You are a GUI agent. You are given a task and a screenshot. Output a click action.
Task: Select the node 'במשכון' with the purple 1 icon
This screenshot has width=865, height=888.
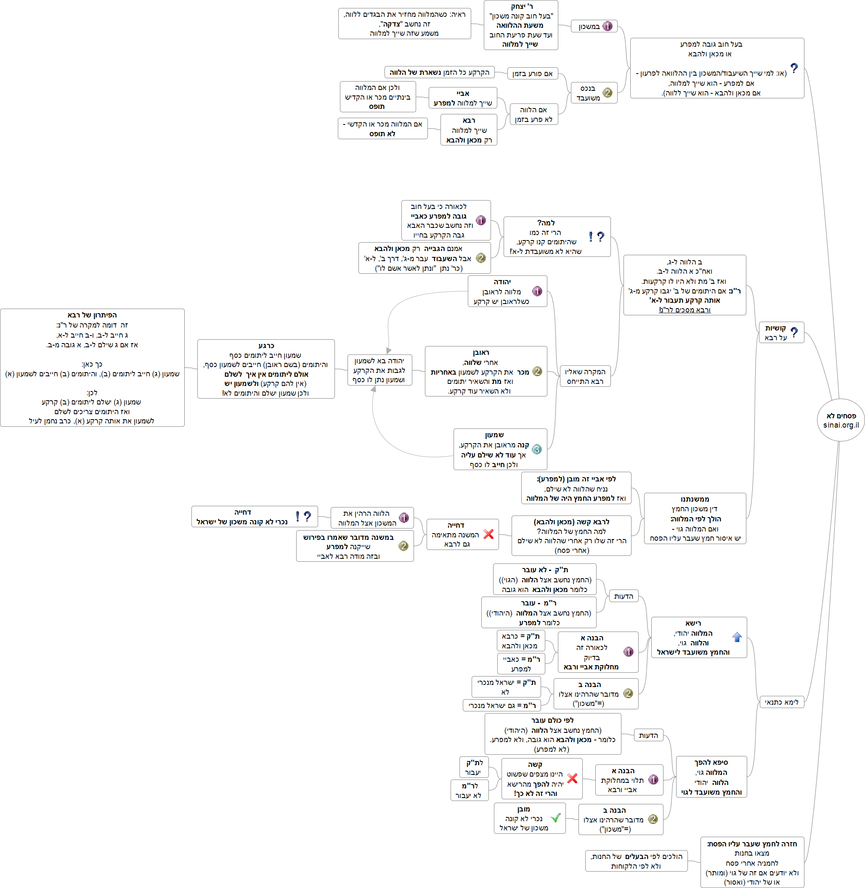click(594, 26)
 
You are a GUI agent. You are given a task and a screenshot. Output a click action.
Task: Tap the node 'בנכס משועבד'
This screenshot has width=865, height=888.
click(593, 93)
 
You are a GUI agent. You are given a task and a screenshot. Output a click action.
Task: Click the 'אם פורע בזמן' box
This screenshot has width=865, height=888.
click(532, 74)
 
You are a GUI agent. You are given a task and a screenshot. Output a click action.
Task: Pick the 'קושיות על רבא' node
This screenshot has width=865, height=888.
click(780, 333)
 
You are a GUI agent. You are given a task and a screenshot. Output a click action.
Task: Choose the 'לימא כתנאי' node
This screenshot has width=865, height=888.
click(781, 702)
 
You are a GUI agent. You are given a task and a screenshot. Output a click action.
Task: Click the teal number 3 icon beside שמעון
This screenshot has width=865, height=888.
click(536, 449)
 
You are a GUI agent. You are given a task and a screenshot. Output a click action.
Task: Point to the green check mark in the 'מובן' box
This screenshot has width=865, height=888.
click(555, 818)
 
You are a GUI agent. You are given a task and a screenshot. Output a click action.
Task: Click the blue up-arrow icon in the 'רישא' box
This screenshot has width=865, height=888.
click(737, 637)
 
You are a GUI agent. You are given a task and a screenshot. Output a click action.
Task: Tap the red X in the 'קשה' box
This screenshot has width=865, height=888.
click(573, 778)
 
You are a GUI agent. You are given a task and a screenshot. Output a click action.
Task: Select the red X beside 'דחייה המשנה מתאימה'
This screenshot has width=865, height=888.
click(488, 534)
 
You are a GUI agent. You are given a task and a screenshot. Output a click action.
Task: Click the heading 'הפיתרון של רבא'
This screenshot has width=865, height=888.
click(92, 315)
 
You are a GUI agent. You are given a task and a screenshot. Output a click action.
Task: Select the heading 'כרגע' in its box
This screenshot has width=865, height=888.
click(266, 346)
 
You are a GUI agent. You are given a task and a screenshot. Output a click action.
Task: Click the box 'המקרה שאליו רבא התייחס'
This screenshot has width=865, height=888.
click(585, 376)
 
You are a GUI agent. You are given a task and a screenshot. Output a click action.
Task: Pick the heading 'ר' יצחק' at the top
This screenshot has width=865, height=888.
click(521, 6)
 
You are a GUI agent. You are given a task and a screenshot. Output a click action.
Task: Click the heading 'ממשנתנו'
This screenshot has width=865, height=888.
click(695, 499)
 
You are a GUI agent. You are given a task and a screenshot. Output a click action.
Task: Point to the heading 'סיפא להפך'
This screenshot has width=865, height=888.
click(711, 762)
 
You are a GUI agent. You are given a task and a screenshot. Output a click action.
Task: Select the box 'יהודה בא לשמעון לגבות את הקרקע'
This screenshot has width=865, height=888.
click(379, 370)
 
